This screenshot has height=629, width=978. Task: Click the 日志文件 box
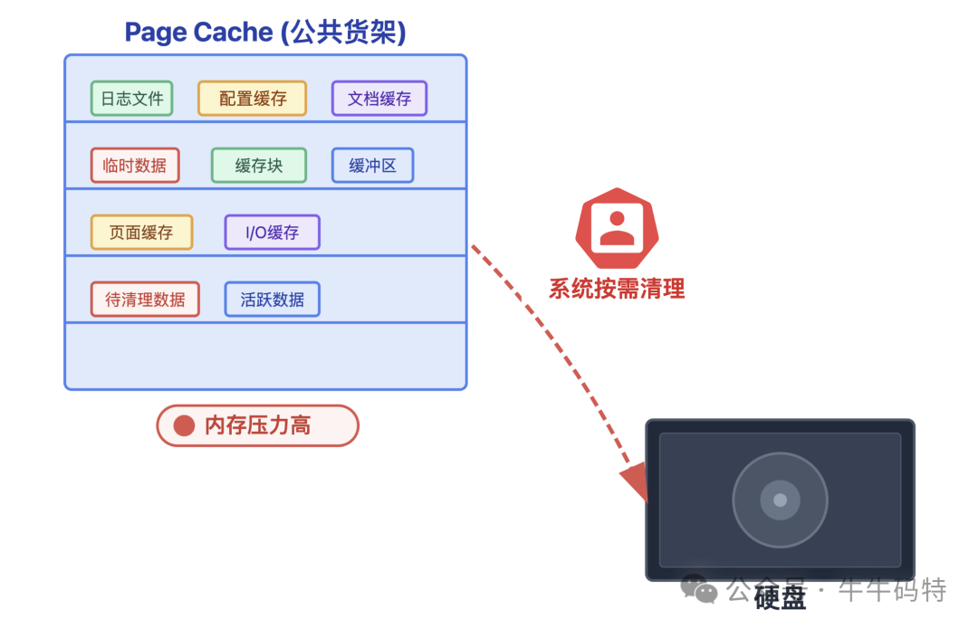point(131,99)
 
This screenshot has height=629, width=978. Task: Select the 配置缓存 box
point(253,99)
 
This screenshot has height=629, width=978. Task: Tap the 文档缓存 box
point(379,99)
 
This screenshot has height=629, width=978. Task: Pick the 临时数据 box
point(135,166)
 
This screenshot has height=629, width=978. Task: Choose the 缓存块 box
point(259,166)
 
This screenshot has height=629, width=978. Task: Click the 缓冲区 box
point(372,166)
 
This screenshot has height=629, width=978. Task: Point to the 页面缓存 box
point(141,233)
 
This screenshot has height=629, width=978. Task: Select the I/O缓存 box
point(273,233)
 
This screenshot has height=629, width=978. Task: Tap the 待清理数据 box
point(145,300)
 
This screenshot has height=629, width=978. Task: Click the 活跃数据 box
point(273,300)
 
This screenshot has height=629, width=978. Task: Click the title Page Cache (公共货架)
point(265,33)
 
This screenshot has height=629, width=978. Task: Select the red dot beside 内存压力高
point(185,425)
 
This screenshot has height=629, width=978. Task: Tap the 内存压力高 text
point(258,425)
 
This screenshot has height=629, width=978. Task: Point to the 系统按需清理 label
point(617,289)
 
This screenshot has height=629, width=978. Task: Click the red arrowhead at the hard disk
point(637,481)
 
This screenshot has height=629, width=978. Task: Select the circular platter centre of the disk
point(780,500)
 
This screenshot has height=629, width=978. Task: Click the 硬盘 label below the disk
point(780,597)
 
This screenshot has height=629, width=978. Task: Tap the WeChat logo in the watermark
point(699,590)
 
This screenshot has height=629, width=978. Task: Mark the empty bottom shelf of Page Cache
point(265,356)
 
